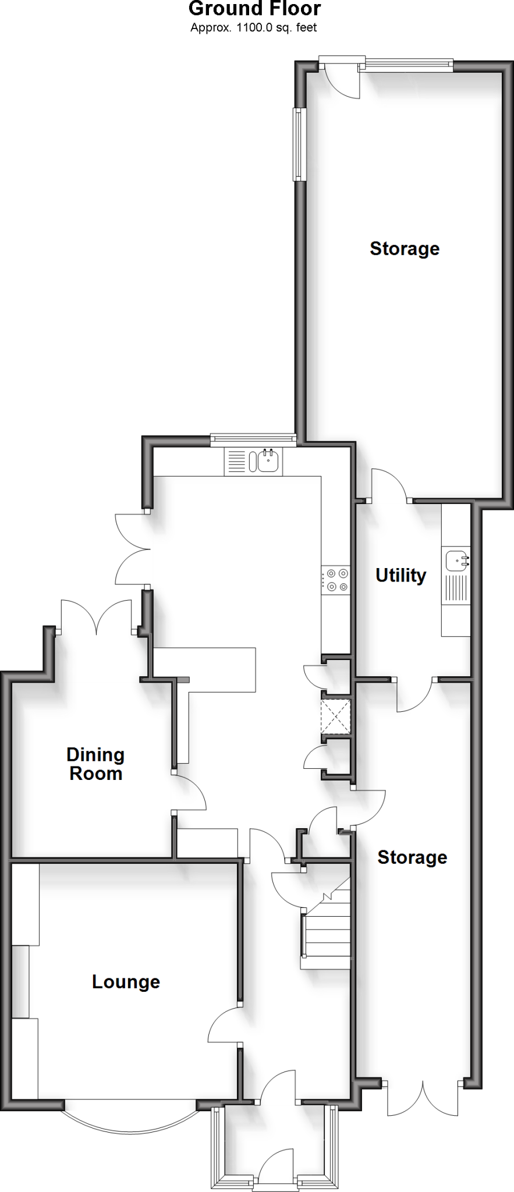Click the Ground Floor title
click(254, 9)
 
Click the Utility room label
click(400, 575)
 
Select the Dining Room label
click(95, 764)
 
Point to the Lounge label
click(126, 982)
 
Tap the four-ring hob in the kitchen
click(336, 580)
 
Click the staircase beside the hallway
click(326, 925)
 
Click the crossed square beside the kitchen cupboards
click(336, 716)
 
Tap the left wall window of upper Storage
click(299, 144)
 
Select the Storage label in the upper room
click(405, 249)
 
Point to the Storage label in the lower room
click(412, 857)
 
